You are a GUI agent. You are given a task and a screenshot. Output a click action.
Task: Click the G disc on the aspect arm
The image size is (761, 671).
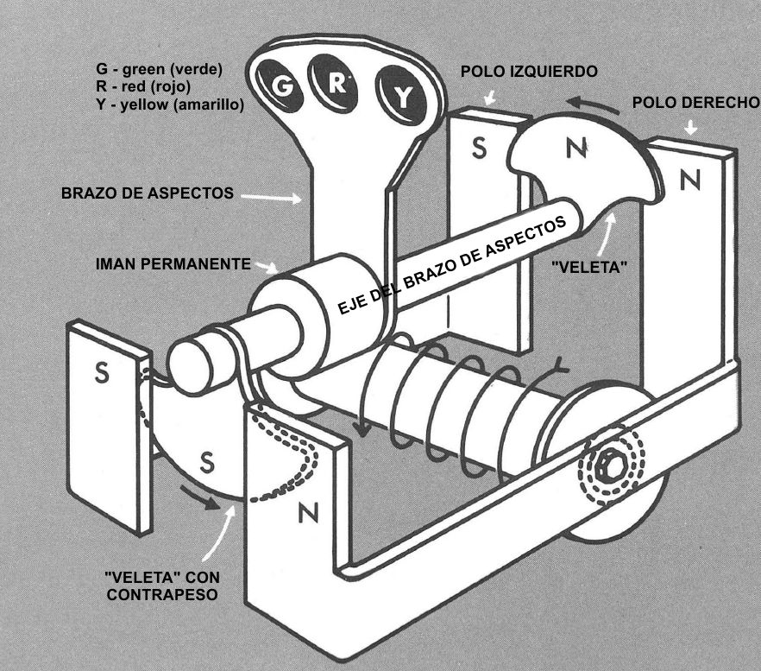pyautogui.click(x=281, y=86)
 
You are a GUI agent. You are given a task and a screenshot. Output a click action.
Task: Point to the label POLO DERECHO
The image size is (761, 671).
pyautogui.click(x=695, y=102)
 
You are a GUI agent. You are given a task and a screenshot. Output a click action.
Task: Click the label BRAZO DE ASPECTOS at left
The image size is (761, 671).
pyautogui.click(x=147, y=194)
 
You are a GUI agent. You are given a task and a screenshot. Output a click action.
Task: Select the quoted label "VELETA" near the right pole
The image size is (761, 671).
pyautogui.click(x=588, y=268)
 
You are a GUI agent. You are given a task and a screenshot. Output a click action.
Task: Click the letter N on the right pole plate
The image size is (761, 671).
pyautogui.click(x=689, y=180)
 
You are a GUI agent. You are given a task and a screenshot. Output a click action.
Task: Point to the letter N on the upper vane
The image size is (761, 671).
pyautogui.click(x=574, y=149)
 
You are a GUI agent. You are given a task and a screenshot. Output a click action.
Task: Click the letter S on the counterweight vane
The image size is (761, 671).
pyautogui.click(x=207, y=463)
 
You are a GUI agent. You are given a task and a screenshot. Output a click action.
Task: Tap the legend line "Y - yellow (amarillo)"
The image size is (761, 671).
pyautogui.click(x=171, y=104)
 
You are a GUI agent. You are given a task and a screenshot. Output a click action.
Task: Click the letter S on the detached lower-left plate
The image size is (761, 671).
pyautogui.click(x=103, y=377)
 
